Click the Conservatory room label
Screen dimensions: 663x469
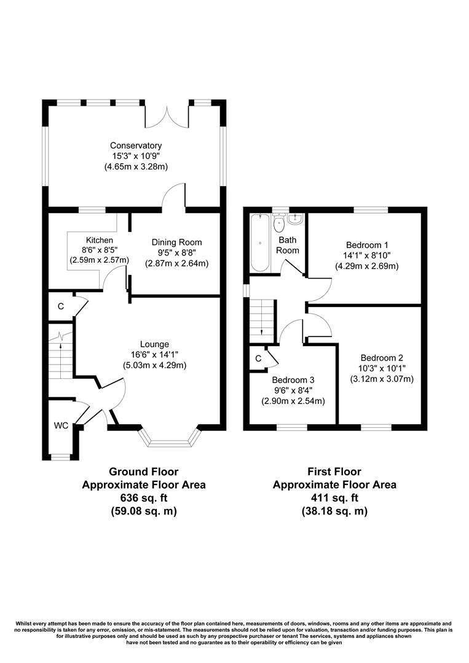click(136, 145)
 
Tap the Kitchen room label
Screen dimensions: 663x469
click(100, 239)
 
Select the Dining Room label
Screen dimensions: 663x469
click(177, 242)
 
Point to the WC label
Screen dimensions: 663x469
click(61, 425)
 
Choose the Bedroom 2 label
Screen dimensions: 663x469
click(382, 358)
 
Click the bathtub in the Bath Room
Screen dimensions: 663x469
click(258, 242)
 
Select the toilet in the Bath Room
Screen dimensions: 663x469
click(279, 221)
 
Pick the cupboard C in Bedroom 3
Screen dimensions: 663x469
click(258, 359)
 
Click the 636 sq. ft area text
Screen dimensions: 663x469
click(144, 497)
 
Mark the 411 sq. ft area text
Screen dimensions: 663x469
click(334, 497)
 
